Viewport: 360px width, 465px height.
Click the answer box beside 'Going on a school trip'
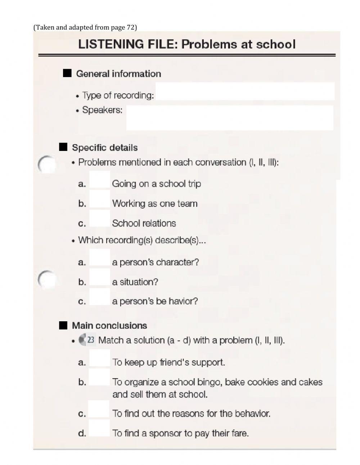(100, 180)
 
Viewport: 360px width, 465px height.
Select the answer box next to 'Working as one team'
(100, 199)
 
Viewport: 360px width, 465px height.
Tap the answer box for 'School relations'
(100, 219)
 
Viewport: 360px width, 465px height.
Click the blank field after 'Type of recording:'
(245, 91)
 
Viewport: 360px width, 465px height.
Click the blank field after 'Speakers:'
(230, 118)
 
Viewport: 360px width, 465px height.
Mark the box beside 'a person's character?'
(100, 258)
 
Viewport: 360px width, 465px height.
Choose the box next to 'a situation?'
(100, 277)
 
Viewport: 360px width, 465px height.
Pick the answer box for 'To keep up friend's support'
(100, 358)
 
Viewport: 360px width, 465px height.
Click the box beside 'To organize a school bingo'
(100, 377)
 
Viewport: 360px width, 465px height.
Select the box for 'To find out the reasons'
(99, 409)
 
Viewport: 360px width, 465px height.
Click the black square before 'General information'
(67, 73)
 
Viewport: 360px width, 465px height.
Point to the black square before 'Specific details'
(63, 147)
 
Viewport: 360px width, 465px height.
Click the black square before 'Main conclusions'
(63, 325)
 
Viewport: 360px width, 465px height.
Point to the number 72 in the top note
(130, 27)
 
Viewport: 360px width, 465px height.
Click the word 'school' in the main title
(276, 44)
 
